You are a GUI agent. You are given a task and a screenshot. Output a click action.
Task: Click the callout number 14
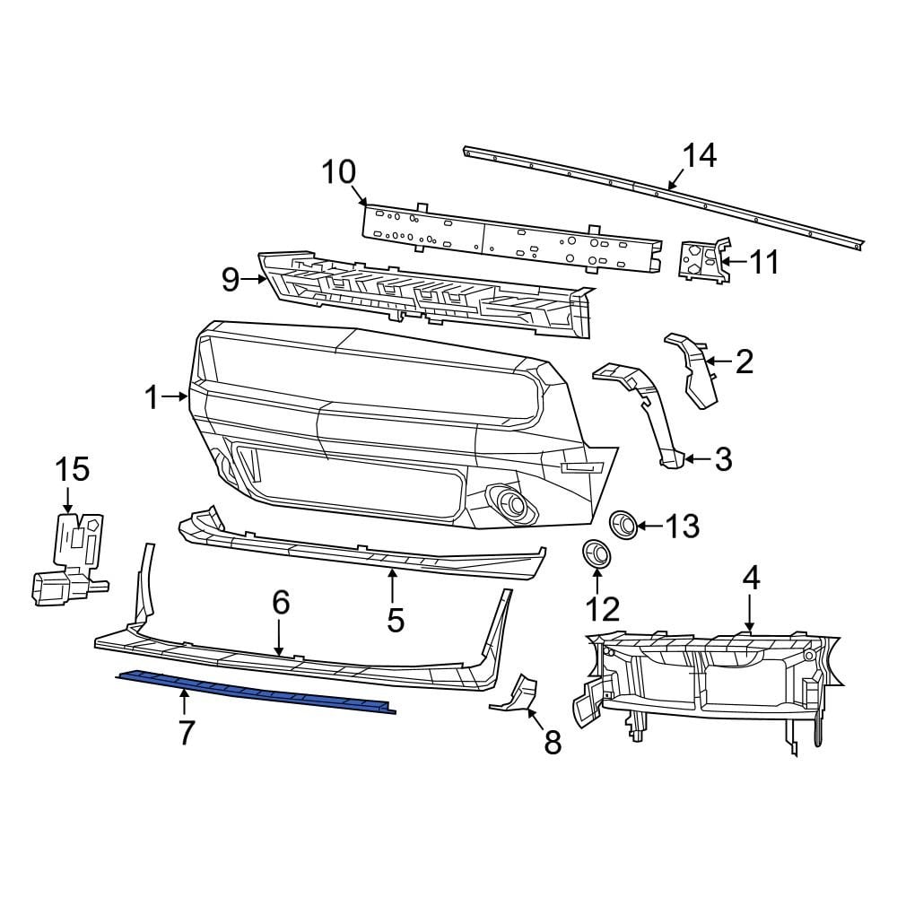(700, 156)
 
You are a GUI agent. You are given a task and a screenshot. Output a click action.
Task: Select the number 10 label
(339, 171)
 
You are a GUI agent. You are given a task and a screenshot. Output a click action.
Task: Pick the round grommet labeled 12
(595, 553)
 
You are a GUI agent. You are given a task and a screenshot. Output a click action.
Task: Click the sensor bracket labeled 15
(72, 556)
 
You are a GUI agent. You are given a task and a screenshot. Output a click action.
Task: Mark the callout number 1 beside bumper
(152, 396)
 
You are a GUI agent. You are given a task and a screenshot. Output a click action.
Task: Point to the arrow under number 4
(751, 612)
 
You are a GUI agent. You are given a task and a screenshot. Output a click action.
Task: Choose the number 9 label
(231, 281)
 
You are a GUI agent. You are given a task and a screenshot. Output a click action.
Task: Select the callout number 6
(281, 603)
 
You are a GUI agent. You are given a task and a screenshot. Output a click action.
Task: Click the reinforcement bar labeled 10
(511, 237)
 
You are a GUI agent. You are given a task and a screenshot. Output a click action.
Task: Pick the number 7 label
(186, 732)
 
